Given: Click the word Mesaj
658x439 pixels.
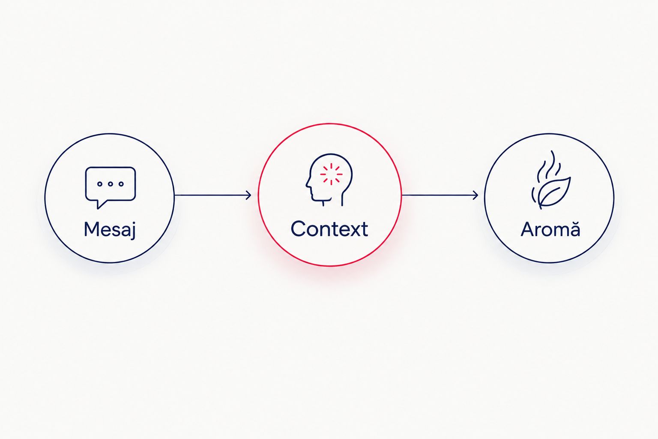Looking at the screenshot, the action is tap(110, 229).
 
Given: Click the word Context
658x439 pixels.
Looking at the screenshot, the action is tap(329, 229).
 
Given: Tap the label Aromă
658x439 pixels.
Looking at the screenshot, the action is tap(550, 229).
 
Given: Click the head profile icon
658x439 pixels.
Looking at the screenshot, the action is tap(329, 180).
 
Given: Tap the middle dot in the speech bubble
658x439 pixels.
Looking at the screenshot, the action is tap(111, 184).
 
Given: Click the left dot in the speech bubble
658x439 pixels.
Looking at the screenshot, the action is tap(99, 184).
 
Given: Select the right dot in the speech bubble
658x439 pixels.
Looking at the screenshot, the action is tap(121, 184).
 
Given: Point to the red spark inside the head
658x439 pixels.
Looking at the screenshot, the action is tap(331, 174).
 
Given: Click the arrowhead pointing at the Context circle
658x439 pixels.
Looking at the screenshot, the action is tap(249, 195).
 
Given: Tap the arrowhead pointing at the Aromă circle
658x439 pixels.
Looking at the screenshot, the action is tap(475, 195).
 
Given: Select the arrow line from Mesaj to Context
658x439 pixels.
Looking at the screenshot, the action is tap(213, 195).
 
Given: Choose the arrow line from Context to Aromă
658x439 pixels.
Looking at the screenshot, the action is tap(440, 195).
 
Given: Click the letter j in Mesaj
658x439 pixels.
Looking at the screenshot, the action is tap(133, 231).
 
